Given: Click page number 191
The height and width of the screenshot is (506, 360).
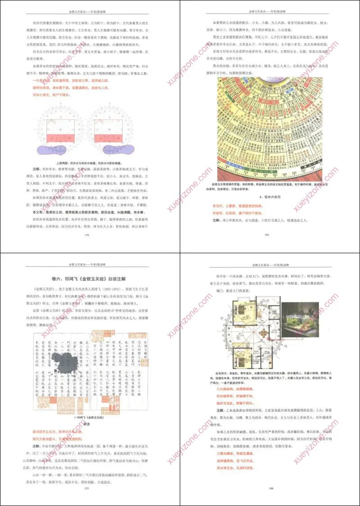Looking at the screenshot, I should coord(266,235).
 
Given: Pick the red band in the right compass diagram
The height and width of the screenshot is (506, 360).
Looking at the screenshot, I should coord(110,137).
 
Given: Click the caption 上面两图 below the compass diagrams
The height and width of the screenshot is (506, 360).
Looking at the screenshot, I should coord(90,162).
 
